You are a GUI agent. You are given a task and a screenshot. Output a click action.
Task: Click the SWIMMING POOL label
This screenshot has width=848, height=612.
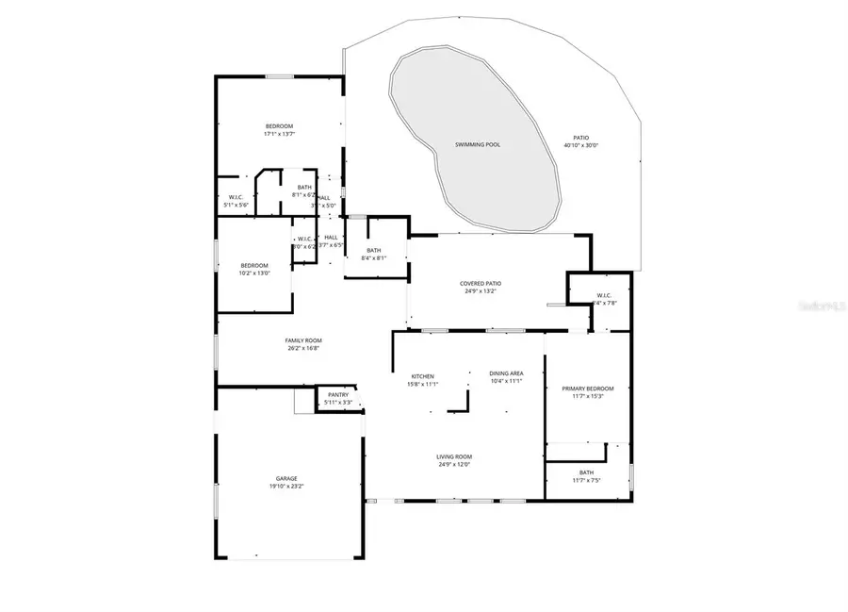(x=478, y=145)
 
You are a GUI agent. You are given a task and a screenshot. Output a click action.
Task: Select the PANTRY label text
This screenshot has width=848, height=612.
(x=338, y=395)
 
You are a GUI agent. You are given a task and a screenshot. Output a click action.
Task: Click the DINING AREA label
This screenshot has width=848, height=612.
(x=506, y=373)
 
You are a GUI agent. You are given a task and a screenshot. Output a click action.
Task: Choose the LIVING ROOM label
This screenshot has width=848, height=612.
(x=454, y=456)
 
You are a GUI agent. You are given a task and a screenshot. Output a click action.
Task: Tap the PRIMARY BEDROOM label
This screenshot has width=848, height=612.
(x=587, y=389)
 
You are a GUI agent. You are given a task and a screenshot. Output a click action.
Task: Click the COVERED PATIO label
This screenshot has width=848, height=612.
(x=480, y=283)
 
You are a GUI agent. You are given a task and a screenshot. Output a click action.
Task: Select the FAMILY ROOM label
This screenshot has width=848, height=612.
(x=303, y=340)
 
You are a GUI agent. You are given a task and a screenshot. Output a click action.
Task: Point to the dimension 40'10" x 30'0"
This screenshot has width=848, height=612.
(x=581, y=145)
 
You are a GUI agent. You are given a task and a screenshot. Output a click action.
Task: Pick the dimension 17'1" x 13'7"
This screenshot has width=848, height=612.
(x=279, y=134)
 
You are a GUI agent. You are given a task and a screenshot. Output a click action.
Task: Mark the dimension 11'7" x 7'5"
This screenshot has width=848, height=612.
(x=586, y=481)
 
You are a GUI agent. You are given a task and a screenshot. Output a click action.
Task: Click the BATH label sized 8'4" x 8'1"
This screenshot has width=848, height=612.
(x=373, y=250)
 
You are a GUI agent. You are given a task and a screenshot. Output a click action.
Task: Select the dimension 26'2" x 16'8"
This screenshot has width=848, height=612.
(x=303, y=349)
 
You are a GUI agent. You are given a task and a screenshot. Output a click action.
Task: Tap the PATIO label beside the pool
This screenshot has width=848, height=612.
(x=581, y=138)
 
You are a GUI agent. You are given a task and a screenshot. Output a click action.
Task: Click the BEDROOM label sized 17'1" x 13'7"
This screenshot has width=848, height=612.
(x=279, y=126)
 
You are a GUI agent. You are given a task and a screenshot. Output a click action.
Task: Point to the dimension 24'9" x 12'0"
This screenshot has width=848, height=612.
(x=454, y=465)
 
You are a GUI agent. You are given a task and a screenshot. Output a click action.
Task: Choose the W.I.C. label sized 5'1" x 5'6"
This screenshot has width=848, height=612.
(x=234, y=197)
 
